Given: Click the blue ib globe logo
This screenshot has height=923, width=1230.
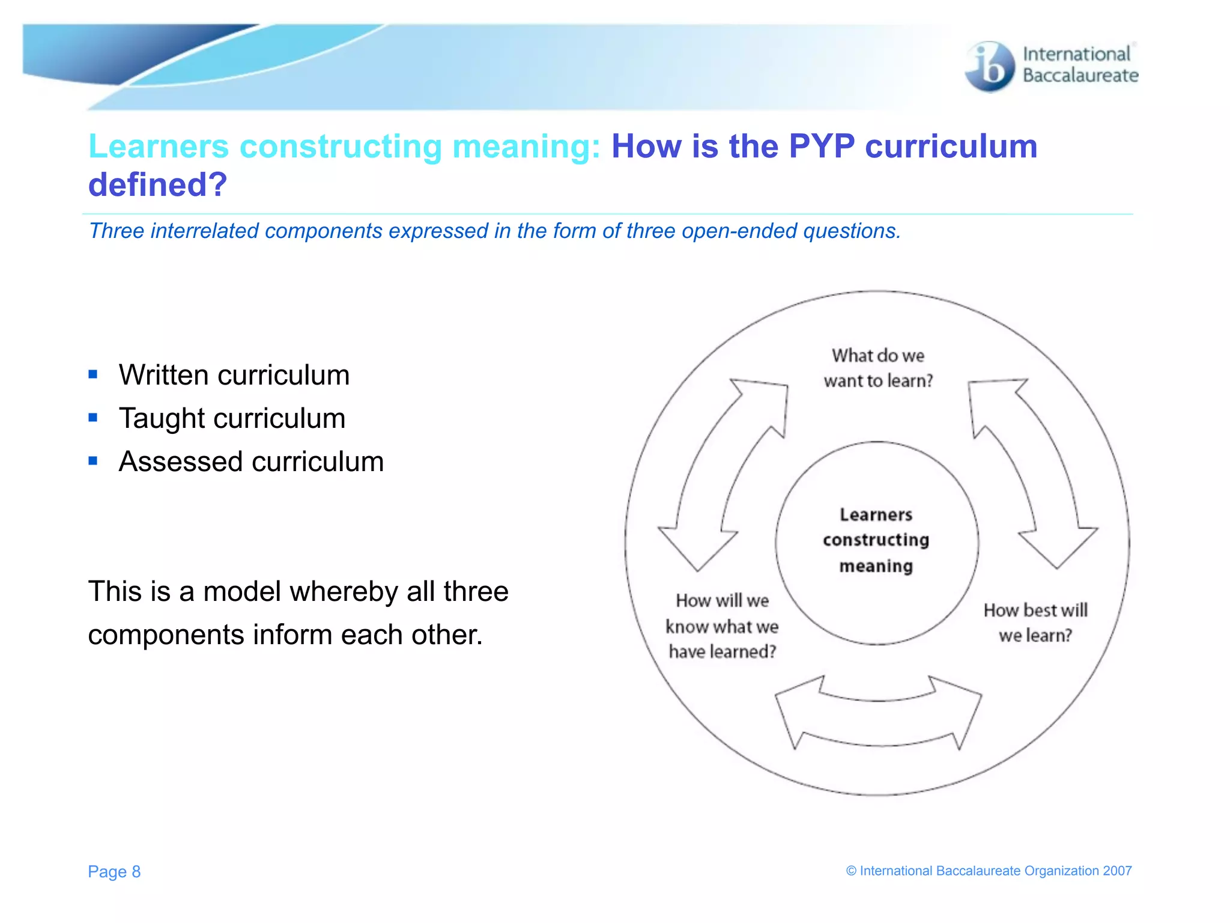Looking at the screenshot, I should [x=989, y=66].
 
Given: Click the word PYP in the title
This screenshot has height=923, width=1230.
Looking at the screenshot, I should [x=821, y=146].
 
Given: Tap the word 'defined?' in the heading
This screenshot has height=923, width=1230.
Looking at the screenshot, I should [x=157, y=184].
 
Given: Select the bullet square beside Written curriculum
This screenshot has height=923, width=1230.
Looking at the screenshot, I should [x=93, y=374].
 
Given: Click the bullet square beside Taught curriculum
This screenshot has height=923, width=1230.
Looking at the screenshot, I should [x=93, y=418].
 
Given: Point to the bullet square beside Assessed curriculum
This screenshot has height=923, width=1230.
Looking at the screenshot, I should [x=93, y=461].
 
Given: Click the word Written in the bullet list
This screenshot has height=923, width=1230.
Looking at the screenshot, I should [x=163, y=375].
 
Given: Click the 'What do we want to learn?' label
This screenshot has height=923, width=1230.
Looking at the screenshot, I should [x=878, y=368].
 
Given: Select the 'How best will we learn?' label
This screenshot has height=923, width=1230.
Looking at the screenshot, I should [x=1035, y=623].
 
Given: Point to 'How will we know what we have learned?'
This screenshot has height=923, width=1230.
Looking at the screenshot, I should [x=723, y=626].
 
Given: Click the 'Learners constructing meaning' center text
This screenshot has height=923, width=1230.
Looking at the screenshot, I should [x=876, y=540].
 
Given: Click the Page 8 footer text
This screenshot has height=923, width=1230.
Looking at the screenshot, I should [x=114, y=871].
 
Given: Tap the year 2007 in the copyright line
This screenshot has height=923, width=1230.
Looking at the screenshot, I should [x=1117, y=871].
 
